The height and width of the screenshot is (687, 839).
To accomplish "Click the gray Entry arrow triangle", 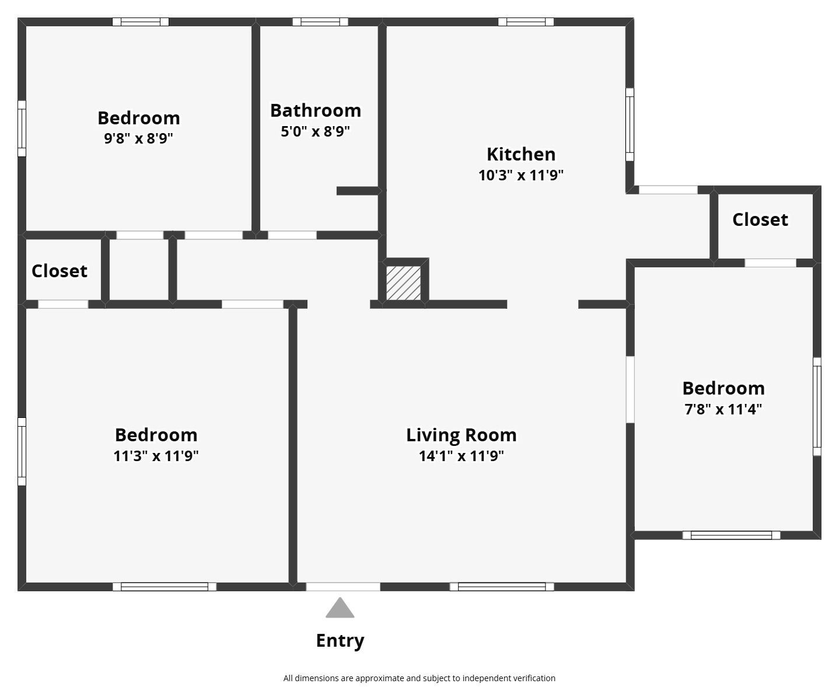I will click(x=340, y=609).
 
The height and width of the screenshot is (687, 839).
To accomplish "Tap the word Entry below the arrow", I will click(x=340, y=640).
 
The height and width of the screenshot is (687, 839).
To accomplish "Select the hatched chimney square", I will click(x=403, y=283).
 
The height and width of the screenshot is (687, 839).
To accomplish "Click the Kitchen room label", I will click(x=520, y=154).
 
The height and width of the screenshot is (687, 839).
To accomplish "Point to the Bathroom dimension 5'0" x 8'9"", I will click(x=315, y=131).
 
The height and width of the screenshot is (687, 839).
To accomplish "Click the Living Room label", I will click(x=461, y=435).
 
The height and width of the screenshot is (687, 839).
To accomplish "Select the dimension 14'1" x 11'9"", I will click(x=461, y=456).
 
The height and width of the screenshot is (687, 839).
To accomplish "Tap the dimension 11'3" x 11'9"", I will click(x=156, y=456).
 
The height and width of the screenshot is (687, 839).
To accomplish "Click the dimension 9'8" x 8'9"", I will click(x=138, y=138).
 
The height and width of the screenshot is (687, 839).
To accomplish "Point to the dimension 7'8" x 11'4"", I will click(x=723, y=409).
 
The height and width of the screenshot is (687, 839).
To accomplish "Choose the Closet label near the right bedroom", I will click(x=760, y=219).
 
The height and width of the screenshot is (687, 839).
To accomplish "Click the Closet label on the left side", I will click(x=59, y=271).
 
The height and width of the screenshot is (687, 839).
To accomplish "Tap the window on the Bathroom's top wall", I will click(x=320, y=22).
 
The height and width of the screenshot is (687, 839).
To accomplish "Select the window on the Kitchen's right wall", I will click(x=630, y=124).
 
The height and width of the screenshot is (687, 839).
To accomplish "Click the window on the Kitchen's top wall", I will click(x=526, y=22).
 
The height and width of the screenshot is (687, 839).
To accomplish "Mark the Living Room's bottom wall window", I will click(x=501, y=587).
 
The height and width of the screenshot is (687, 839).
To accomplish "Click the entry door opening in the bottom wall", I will click(x=343, y=587).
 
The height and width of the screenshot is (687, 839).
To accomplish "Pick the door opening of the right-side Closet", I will click(x=770, y=263).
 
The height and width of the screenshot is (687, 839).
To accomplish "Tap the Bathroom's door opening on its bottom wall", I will click(x=292, y=235).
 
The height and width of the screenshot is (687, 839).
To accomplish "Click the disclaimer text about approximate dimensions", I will click(x=419, y=678).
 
